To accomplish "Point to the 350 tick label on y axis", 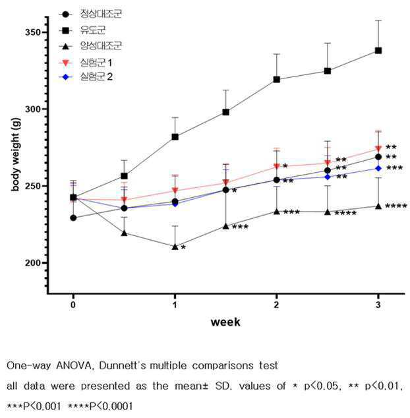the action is tap(33, 32).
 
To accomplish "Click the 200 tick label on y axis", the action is tap(33, 263).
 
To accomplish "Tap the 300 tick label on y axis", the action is tap(33, 109).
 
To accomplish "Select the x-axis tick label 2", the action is tap(276, 305).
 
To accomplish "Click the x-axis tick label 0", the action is tap(73, 305).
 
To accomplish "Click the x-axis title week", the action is tap(225, 322).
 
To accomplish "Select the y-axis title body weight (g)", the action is tap(16, 154).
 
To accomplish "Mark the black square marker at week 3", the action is tap(378, 51).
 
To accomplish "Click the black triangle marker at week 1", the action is tap(175, 247).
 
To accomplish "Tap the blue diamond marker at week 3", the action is tap(378, 169).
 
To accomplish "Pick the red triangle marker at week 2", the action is tap(277, 166).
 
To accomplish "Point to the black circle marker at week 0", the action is tap(73, 218).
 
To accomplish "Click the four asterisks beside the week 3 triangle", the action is tap(396, 206).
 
